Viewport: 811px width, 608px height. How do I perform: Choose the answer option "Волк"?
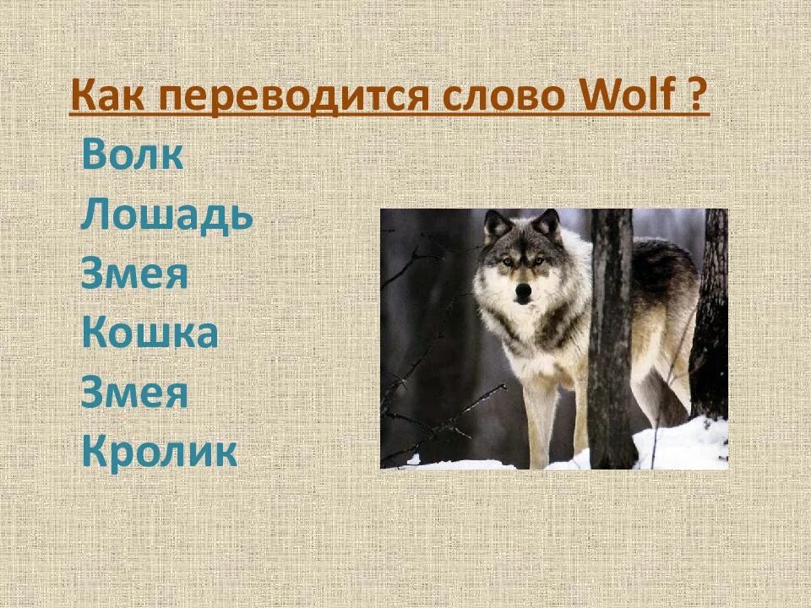click(132, 157)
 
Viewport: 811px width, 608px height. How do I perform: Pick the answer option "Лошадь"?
click(167, 217)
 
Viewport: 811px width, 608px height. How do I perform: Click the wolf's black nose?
click(524, 290)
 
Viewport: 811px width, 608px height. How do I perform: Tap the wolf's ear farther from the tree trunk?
click(497, 225)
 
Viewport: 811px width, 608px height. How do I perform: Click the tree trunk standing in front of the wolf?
click(611, 338)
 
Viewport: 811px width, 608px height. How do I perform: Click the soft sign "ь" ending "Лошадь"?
click(242, 217)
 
